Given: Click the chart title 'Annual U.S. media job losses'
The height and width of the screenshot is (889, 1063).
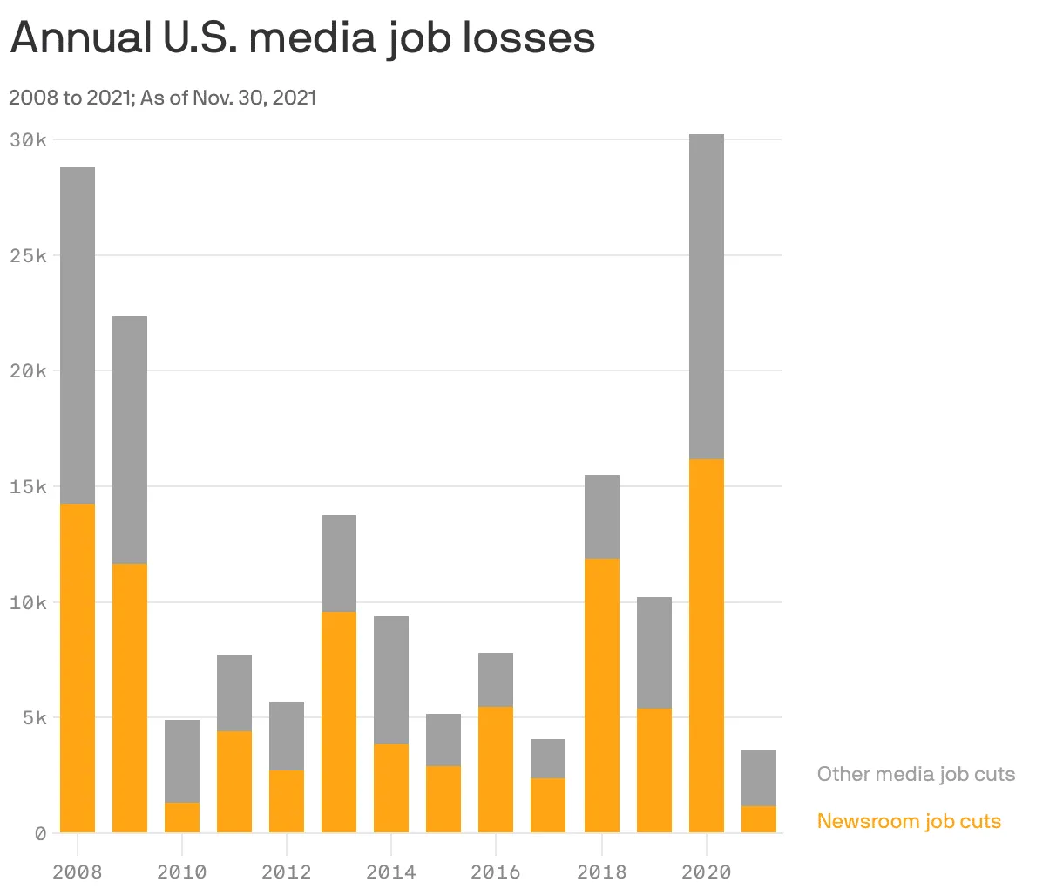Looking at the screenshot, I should pos(302,38).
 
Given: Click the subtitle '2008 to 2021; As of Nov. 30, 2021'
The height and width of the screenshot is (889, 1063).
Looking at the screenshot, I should pos(163,97).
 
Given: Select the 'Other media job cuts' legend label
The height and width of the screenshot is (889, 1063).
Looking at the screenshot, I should pos(916,774).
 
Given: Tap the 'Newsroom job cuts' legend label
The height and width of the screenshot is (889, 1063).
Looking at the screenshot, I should pos(909,821).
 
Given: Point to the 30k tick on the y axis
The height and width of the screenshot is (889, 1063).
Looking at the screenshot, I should pos(29,139).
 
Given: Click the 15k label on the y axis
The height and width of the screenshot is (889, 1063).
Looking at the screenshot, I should pos(29,486).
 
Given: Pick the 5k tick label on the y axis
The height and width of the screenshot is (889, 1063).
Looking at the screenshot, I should pos(33,718).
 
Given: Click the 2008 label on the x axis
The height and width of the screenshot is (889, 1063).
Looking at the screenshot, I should pos(77,872).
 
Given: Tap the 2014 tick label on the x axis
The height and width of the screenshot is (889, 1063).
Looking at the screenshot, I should pos(391,872).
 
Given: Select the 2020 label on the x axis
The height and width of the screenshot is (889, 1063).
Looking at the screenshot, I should pos(706,872).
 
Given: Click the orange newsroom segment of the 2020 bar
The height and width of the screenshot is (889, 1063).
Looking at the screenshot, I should pos(706,645).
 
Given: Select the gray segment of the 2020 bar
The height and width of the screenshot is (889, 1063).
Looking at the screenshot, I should pos(706,296).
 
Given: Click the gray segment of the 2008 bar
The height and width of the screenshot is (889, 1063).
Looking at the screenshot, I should pos(78,336).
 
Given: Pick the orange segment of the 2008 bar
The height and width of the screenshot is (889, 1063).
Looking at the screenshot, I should pos(78,668).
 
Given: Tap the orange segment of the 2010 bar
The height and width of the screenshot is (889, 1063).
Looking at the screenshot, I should pos(182,818).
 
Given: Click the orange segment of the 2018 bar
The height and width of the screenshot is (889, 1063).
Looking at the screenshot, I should pos(601,696).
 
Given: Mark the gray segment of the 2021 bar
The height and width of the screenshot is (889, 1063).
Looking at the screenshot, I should pos(758,777).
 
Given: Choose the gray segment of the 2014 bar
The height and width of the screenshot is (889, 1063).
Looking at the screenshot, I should pos(391,680).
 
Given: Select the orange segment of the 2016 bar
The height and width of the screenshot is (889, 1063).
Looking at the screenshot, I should pos(496,770).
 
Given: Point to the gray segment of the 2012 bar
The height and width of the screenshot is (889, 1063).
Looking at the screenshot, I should pos(287,736).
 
